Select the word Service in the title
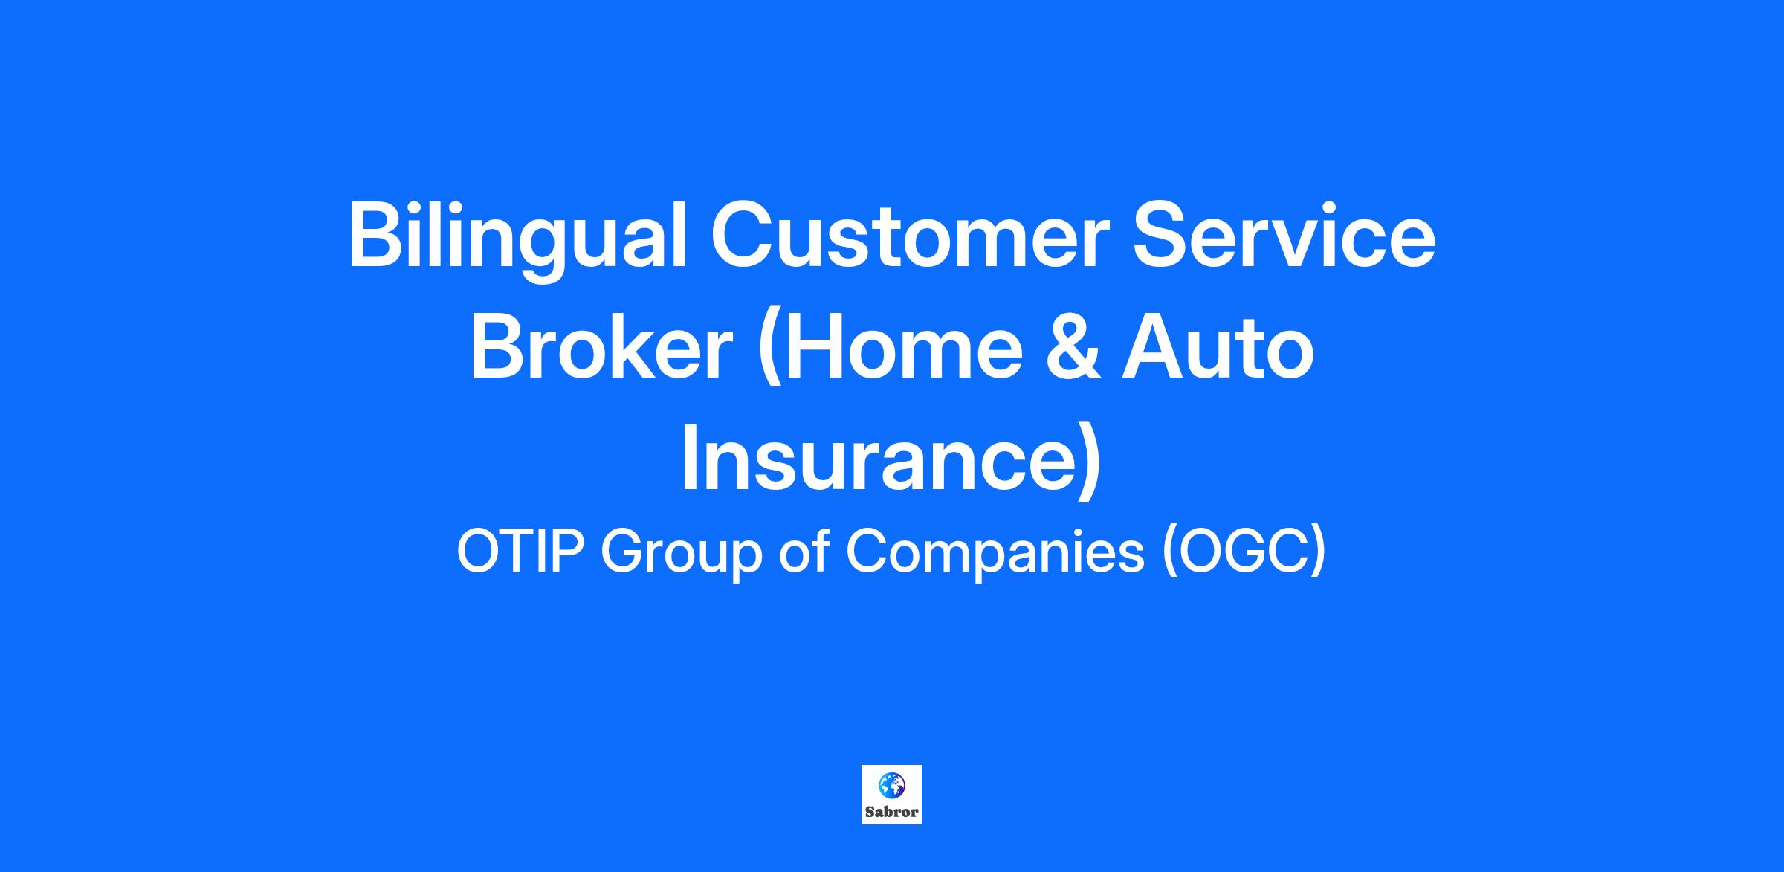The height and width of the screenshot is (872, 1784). point(1284,236)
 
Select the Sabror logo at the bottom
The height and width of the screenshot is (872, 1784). point(892,795)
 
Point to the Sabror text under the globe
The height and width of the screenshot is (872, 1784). point(892,813)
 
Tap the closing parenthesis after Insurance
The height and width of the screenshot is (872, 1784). point(1089,462)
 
